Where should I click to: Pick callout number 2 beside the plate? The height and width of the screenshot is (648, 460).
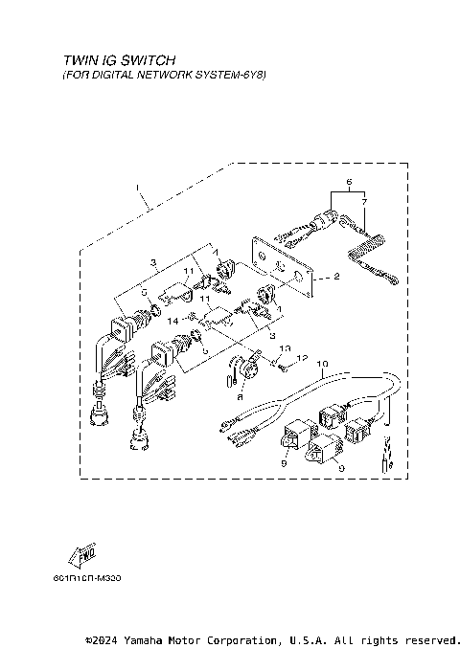pos(336,278)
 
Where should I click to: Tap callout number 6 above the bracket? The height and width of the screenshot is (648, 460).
pos(349,181)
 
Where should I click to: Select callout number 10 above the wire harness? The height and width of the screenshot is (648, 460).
pos(324,364)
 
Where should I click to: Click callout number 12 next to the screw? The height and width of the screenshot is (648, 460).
pos(301,358)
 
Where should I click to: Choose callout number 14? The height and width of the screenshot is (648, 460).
pos(174,323)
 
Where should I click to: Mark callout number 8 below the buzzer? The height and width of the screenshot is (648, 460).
pos(240,394)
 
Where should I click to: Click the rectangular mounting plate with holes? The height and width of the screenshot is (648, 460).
pos(283,260)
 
